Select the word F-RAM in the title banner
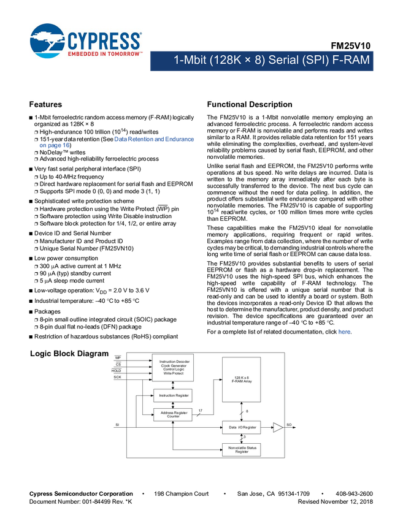pyautogui.click(x=351, y=61)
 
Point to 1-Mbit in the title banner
pyautogui.click(x=190, y=61)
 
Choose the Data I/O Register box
pyautogui.click(x=242, y=427)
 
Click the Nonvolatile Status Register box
pyautogui.click(x=242, y=450)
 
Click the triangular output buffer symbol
pyautogui.click(x=277, y=427)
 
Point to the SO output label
pyautogui.click(x=289, y=424)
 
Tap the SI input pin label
pyautogui.click(x=117, y=424)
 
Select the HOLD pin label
pyautogui.click(x=117, y=371)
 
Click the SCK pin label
pyautogui.click(x=117, y=378)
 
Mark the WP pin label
pyautogui.click(x=118, y=357)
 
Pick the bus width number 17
pyautogui.click(x=201, y=411)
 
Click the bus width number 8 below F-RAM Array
pyautogui.click(x=247, y=411)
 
